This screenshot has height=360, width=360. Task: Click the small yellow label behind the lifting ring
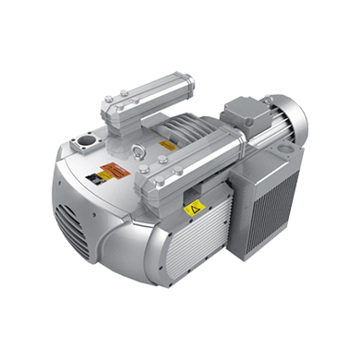coord(167,146)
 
